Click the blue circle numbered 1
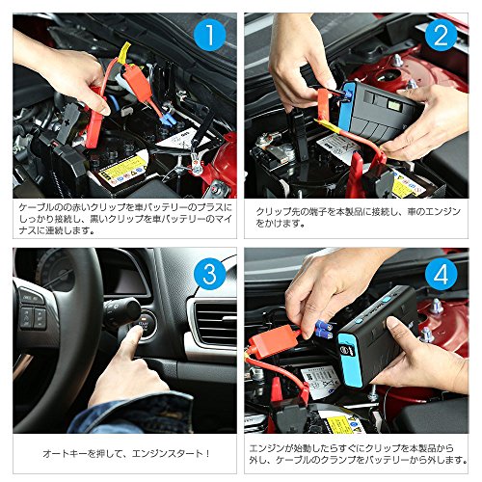pyautogui.click(x=210, y=36)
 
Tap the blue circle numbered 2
pyautogui.click(x=441, y=36)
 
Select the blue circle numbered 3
pyautogui.click(x=210, y=274)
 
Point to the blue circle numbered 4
pyautogui.click(x=441, y=274)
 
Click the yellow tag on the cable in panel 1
pyautogui.click(x=123, y=52)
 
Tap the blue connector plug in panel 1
pyautogui.click(x=168, y=120)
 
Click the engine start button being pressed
pyautogui.click(x=147, y=322)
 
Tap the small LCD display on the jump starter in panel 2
pyautogui.click(x=393, y=105)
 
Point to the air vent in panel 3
pyautogui.click(x=213, y=322)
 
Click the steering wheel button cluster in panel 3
pyautogui.click(x=33, y=308)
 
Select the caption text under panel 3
pyautogui.click(x=126, y=454)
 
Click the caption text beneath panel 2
pyautogui.click(x=358, y=218)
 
